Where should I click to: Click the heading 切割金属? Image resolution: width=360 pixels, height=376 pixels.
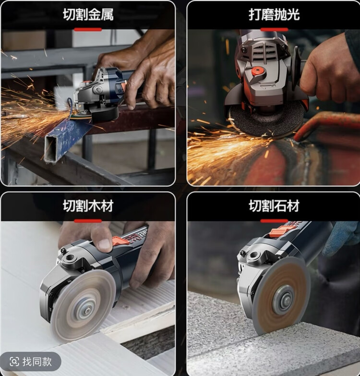pos(88,14)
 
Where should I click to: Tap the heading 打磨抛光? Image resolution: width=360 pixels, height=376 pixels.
pos(274,14)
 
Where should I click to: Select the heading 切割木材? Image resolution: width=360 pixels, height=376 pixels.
pos(88,206)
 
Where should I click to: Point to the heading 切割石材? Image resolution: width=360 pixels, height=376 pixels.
pos(274,206)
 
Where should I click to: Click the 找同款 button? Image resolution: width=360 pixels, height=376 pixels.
pos(30,362)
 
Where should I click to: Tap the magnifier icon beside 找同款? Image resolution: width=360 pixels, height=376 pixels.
pos(14,362)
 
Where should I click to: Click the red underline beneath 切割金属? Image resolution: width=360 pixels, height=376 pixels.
pos(88,29)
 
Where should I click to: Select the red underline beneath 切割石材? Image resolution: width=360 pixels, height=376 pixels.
pos(274,221)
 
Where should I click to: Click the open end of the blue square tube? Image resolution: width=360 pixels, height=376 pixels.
pos(51,148)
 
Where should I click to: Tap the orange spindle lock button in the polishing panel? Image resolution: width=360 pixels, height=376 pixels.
pos(257,71)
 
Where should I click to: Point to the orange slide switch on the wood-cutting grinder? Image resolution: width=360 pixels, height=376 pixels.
pos(120,241)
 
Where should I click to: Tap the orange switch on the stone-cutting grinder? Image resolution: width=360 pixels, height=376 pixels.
pos(279,230)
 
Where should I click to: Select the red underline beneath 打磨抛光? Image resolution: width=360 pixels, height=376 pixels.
pos(274,29)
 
